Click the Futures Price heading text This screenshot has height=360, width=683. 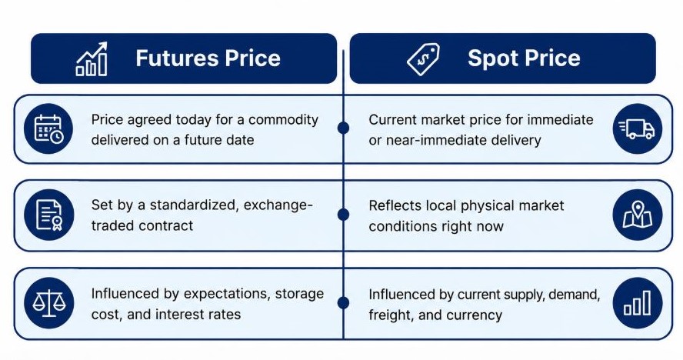(208, 58)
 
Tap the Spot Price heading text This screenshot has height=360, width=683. (524, 58)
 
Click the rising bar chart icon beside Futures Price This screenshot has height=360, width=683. (92, 58)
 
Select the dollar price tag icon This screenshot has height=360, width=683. (423, 59)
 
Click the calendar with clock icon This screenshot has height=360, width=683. (48, 128)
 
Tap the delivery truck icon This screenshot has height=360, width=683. (637, 129)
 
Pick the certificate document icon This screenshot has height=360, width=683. (49, 215)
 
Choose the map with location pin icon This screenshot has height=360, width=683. (638, 215)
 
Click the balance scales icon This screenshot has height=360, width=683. (48, 302)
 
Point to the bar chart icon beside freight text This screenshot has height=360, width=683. (638, 302)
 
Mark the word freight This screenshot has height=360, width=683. (385, 315)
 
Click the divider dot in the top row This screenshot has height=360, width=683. (343, 128)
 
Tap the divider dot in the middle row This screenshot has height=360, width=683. (343, 215)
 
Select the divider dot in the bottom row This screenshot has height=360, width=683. (343, 303)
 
